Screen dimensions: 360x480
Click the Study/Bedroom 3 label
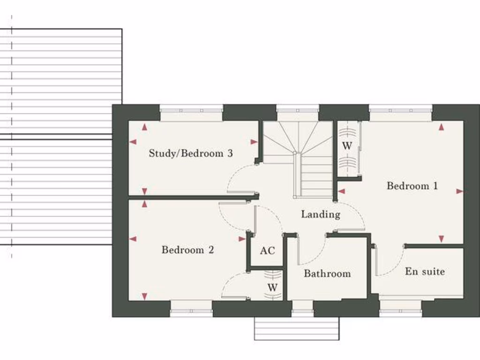pos(190,153)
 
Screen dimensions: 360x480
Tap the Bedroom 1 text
pos(412,186)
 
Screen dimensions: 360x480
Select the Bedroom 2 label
pos(187,250)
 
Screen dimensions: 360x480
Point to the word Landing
pos(320,214)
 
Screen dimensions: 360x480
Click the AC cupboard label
pos(267,251)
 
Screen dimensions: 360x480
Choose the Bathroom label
pos(327,273)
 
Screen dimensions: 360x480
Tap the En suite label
pos(425,271)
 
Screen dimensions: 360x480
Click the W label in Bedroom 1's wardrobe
pos(347,146)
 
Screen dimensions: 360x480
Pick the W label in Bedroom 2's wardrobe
pos(272,287)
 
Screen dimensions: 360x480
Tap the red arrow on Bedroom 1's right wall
pos(459,191)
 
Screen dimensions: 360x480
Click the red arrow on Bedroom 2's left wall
pos(133,239)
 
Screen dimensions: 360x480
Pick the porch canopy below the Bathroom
pos(296,328)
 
